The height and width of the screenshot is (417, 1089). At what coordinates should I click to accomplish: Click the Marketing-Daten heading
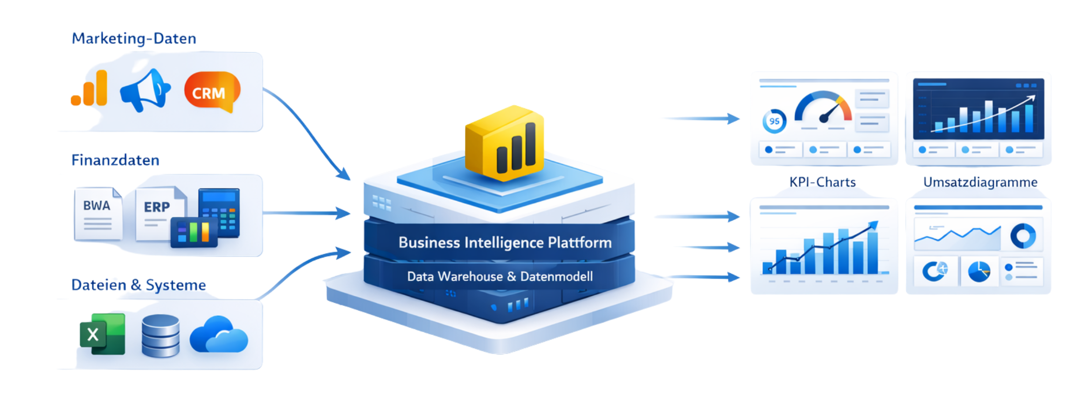pyautogui.click(x=134, y=38)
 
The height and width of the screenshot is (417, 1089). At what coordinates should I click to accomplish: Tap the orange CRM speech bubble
pyautogui.click(x=211, y=92)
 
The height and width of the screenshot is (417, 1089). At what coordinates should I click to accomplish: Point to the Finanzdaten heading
pyautogui.click(x=115, y=160)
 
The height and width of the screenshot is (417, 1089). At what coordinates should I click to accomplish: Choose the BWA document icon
pyautogui.click(x=97, y=213)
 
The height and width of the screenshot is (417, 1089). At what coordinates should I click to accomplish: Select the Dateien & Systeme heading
pyautogui.click(x=139, y=285)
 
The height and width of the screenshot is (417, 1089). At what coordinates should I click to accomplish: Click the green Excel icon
pyautogui.click(x=102, y=334)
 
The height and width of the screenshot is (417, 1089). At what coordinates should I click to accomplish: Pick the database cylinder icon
pyautogui.click(x=160, y=335)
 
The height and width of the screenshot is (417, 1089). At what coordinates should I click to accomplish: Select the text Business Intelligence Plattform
pyautogui.click(x=505, y=243)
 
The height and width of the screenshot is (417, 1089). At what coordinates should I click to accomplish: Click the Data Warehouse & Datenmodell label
pyautogui.click(x=500, y=277)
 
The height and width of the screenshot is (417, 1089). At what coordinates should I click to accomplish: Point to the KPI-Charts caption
pyautogui.click(x=823, y=181)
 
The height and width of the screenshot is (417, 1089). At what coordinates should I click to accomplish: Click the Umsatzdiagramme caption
pyautogui.click(x=980, y=181)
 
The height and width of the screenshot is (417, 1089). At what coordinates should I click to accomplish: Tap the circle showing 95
pyautogui.click(x=774, y=121)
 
